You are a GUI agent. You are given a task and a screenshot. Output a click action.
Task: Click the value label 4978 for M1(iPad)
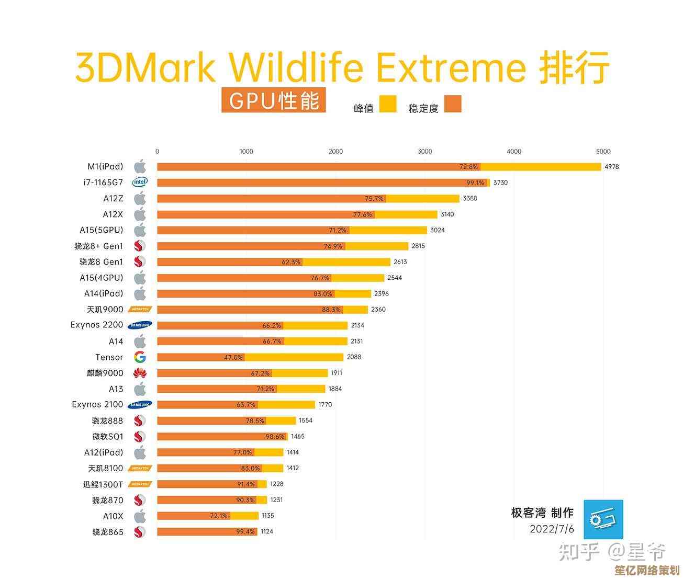point(611,167)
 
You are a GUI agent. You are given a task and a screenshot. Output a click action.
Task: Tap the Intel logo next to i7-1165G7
point(140,182)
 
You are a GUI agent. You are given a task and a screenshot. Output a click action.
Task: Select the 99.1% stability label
point(475,183)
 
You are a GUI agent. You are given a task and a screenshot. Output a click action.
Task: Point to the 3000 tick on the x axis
point(425,152)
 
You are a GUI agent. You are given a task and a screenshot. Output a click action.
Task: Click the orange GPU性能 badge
point(273,100)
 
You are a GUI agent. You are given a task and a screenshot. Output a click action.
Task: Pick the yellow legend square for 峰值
point(388,104)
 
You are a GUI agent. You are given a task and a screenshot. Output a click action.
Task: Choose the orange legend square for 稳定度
point(453,104)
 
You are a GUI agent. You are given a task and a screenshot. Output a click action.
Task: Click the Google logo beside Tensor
point(140,357)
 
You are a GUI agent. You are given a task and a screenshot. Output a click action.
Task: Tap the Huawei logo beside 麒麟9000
point(140,373)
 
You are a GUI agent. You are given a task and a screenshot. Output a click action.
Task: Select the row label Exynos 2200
point(97,325)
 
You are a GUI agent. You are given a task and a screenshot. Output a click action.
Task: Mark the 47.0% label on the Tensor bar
point(233,357)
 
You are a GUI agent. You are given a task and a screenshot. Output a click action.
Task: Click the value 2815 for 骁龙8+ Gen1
point(418,246)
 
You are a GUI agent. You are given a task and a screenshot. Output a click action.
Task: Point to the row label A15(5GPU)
point(101,230)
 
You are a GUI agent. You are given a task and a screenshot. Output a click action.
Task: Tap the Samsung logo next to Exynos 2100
point(140,404)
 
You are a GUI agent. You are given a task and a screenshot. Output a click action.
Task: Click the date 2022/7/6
point(552,529)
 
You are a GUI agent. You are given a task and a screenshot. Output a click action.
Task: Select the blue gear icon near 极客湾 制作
point(603,519)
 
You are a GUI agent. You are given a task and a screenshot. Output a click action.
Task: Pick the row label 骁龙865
point(108,532)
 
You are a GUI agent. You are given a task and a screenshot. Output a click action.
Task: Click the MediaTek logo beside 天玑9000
point(140,309)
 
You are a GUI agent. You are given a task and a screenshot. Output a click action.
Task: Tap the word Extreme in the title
point(451,68)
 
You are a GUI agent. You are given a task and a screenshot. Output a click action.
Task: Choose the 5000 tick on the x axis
point(603,152)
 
